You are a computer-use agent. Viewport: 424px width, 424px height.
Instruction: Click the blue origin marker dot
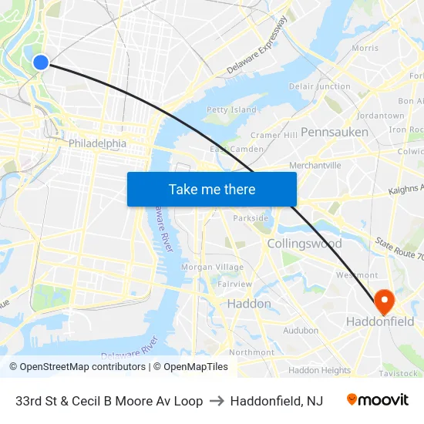(x=41, y=62)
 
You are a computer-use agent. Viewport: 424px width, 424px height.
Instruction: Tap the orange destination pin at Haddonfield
(x=383, y=299)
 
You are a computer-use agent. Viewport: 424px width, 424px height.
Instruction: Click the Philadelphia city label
(x=97, y=143)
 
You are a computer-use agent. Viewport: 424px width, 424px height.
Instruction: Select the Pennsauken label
(x=335, y=132)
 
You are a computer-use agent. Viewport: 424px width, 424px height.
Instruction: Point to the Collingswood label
(x=305, y=244)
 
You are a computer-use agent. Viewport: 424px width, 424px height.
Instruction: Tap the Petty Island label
(x=231, y=109)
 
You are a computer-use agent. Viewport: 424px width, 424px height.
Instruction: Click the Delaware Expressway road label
(x=257, y=45)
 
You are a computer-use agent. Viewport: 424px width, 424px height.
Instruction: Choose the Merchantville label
(x=315, y=166)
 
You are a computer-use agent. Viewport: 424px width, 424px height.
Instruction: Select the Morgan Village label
(x=212, y=267)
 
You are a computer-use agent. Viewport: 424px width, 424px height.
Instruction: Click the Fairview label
(x=235, y=284)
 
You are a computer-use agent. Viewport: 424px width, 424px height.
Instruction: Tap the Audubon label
(x=301, y=330)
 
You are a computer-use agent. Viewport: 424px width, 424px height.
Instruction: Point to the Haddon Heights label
(x=319, y=370)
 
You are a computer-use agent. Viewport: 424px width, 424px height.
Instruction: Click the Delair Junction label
(x=320, y=86)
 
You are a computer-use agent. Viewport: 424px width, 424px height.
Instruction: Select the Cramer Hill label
(x=274, y=135)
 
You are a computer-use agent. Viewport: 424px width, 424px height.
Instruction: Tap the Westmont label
(x=357, y=275)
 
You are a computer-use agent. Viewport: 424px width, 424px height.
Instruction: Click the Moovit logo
(x=378, y=400)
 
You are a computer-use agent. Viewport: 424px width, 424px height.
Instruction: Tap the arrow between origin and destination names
(x=216, y=401)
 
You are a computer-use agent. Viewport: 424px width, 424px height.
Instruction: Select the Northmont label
(x=251, y=352)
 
